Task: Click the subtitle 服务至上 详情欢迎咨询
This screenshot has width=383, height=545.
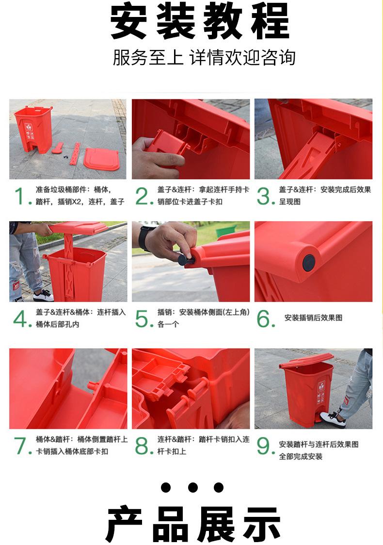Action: [x=204, y=58]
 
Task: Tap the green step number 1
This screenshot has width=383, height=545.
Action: [x=21, y=196]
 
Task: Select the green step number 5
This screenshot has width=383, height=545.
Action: [x=144, y=319]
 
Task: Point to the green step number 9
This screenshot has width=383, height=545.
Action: [x=266, y=446]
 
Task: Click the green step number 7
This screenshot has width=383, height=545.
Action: [x=22, y=446]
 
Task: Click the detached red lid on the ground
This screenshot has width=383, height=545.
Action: [x=101, y=159]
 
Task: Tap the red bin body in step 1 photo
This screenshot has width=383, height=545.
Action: [x=33, y=129]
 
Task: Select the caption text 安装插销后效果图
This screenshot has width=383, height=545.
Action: [x=313, y=318]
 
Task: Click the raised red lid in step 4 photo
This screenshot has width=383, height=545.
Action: [x=79, y=227]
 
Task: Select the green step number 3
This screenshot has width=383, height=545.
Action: [x=266, y=196]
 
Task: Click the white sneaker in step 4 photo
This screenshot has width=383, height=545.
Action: [x=44, y=296]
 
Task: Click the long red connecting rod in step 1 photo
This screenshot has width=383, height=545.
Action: [x=75, y=154]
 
